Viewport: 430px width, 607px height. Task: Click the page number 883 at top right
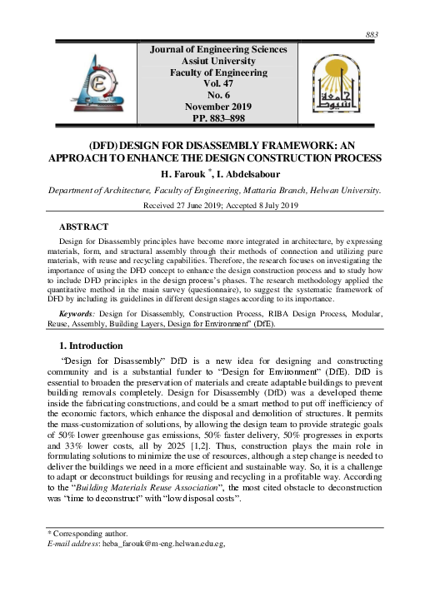click(372, 34)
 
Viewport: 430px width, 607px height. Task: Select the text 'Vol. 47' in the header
click(217, 84)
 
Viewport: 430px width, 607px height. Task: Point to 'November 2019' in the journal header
click(217, 107)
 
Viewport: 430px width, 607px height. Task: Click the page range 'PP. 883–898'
click(217, 119)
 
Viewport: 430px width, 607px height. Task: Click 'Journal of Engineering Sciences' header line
click(217, 50)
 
